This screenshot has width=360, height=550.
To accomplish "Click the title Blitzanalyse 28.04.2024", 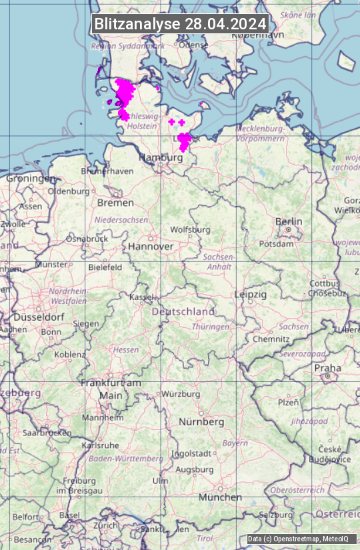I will pos(180,24).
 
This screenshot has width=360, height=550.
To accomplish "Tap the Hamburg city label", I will pos(160,158).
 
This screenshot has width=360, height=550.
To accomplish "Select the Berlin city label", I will pos(289,221).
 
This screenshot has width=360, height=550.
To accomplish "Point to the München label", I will pos(219,497).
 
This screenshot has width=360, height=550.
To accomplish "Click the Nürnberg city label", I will pos(201,422).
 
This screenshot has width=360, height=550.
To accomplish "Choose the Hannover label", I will pos(151,246).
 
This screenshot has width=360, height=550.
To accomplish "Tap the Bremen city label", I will pos(115,202).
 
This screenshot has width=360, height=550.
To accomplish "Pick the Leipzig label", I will pos(251,294).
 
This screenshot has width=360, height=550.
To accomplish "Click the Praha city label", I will pos(327,368).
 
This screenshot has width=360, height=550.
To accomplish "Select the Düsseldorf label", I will pos(39,317).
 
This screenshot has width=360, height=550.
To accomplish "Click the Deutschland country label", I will pos(183,311).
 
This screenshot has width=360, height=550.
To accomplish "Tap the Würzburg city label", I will pos(181,394).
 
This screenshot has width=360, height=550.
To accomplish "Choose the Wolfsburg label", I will pos(190,229).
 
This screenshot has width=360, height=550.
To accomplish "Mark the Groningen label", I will pos(31,179).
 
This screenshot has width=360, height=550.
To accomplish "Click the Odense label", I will pos(193,45).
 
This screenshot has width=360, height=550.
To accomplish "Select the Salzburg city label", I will pos(276,515).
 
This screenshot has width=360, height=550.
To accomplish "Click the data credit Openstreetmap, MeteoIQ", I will pos(298,539).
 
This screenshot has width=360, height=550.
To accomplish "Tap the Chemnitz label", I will pos(271,339).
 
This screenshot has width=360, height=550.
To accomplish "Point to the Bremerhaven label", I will pos(107,171).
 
